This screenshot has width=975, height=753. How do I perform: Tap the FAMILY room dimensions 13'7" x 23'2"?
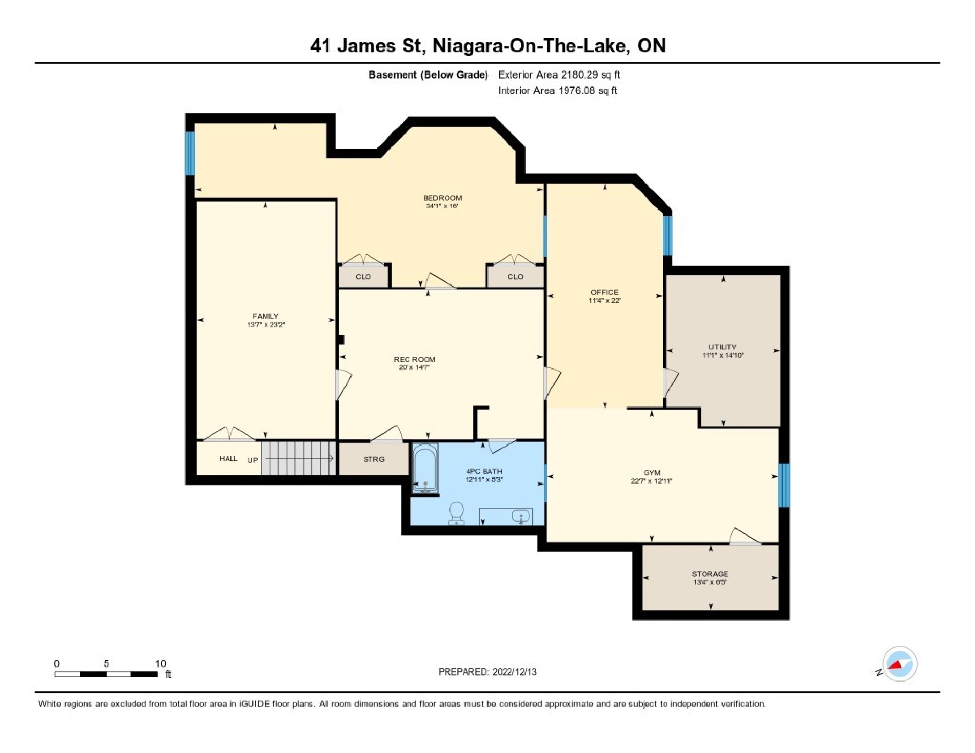click(266, 325)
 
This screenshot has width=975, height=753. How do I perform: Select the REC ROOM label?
click(414, 359)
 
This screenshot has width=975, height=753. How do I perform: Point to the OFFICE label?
click(604, 292)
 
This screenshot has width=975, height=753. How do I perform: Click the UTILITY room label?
click(722, 347)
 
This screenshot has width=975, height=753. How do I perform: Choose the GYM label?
click(652, 473)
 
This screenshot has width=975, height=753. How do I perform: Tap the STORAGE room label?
click(710, 573)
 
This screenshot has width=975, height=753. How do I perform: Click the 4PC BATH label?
click(484, 471)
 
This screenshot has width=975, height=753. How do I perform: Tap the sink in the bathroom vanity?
click(521, 517)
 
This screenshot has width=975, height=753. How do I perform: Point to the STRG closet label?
click(374, 459)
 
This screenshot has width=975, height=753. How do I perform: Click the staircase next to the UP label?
click(298, 458)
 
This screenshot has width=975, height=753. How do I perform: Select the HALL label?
click(228, 458)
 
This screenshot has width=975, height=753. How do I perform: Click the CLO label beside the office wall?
click(515, 277)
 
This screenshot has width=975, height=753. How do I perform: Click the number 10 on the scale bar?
click(160, 663)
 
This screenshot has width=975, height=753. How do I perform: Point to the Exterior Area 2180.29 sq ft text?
click(559, 75)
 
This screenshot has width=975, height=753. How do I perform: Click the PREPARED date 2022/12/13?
click(514, 672)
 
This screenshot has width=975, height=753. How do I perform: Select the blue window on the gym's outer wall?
click(784, 485)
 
